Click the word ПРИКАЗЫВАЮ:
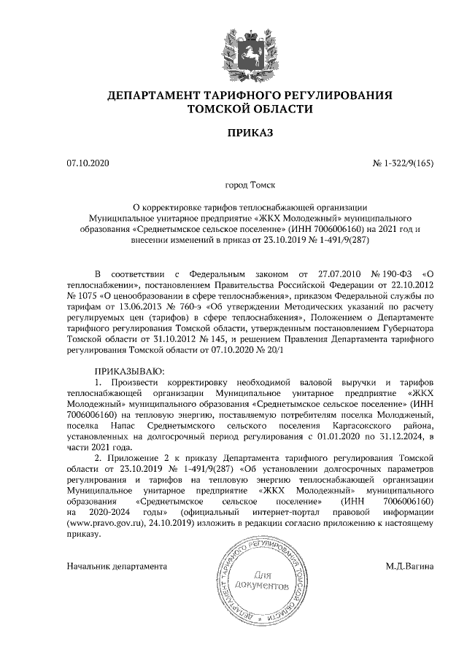coord(128,373)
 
